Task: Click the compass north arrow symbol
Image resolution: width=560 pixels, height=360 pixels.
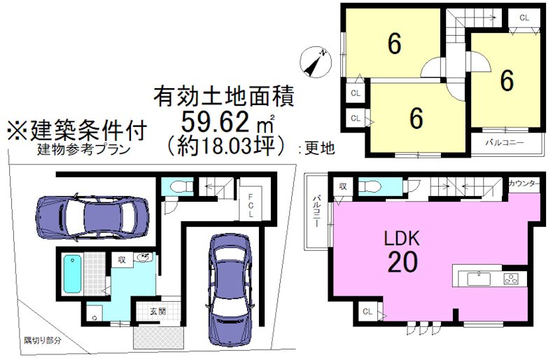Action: (316, 62)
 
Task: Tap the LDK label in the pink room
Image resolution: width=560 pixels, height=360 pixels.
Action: (402, 238)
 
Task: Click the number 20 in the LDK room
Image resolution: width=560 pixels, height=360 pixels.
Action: (402, 262)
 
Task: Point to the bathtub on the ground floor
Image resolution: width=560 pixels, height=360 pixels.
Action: (73, 273)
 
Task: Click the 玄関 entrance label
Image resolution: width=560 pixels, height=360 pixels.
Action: (157, 311)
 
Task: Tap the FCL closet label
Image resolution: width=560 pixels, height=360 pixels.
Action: (251, 206)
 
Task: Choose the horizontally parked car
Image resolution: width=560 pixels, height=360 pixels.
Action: (92, 218)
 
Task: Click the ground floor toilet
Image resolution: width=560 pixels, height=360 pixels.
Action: (178, 186)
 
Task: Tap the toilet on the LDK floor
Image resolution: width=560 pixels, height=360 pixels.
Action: (370, 186)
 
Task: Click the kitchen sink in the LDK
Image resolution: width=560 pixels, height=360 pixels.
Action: (479, 278)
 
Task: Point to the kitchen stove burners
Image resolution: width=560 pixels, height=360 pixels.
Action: (511, 278)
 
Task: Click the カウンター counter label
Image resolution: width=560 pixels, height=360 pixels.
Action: (524, 184)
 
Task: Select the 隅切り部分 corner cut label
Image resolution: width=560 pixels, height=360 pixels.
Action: (43, 340)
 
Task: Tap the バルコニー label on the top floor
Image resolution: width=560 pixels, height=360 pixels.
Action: (505, 143)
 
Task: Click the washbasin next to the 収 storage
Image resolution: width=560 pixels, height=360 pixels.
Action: (145, 256)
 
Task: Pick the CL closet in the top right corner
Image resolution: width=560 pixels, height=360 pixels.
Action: (524, 18)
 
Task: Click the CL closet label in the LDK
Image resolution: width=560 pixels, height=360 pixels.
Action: (367, 312)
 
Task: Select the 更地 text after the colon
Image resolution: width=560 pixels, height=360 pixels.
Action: (320, 148)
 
